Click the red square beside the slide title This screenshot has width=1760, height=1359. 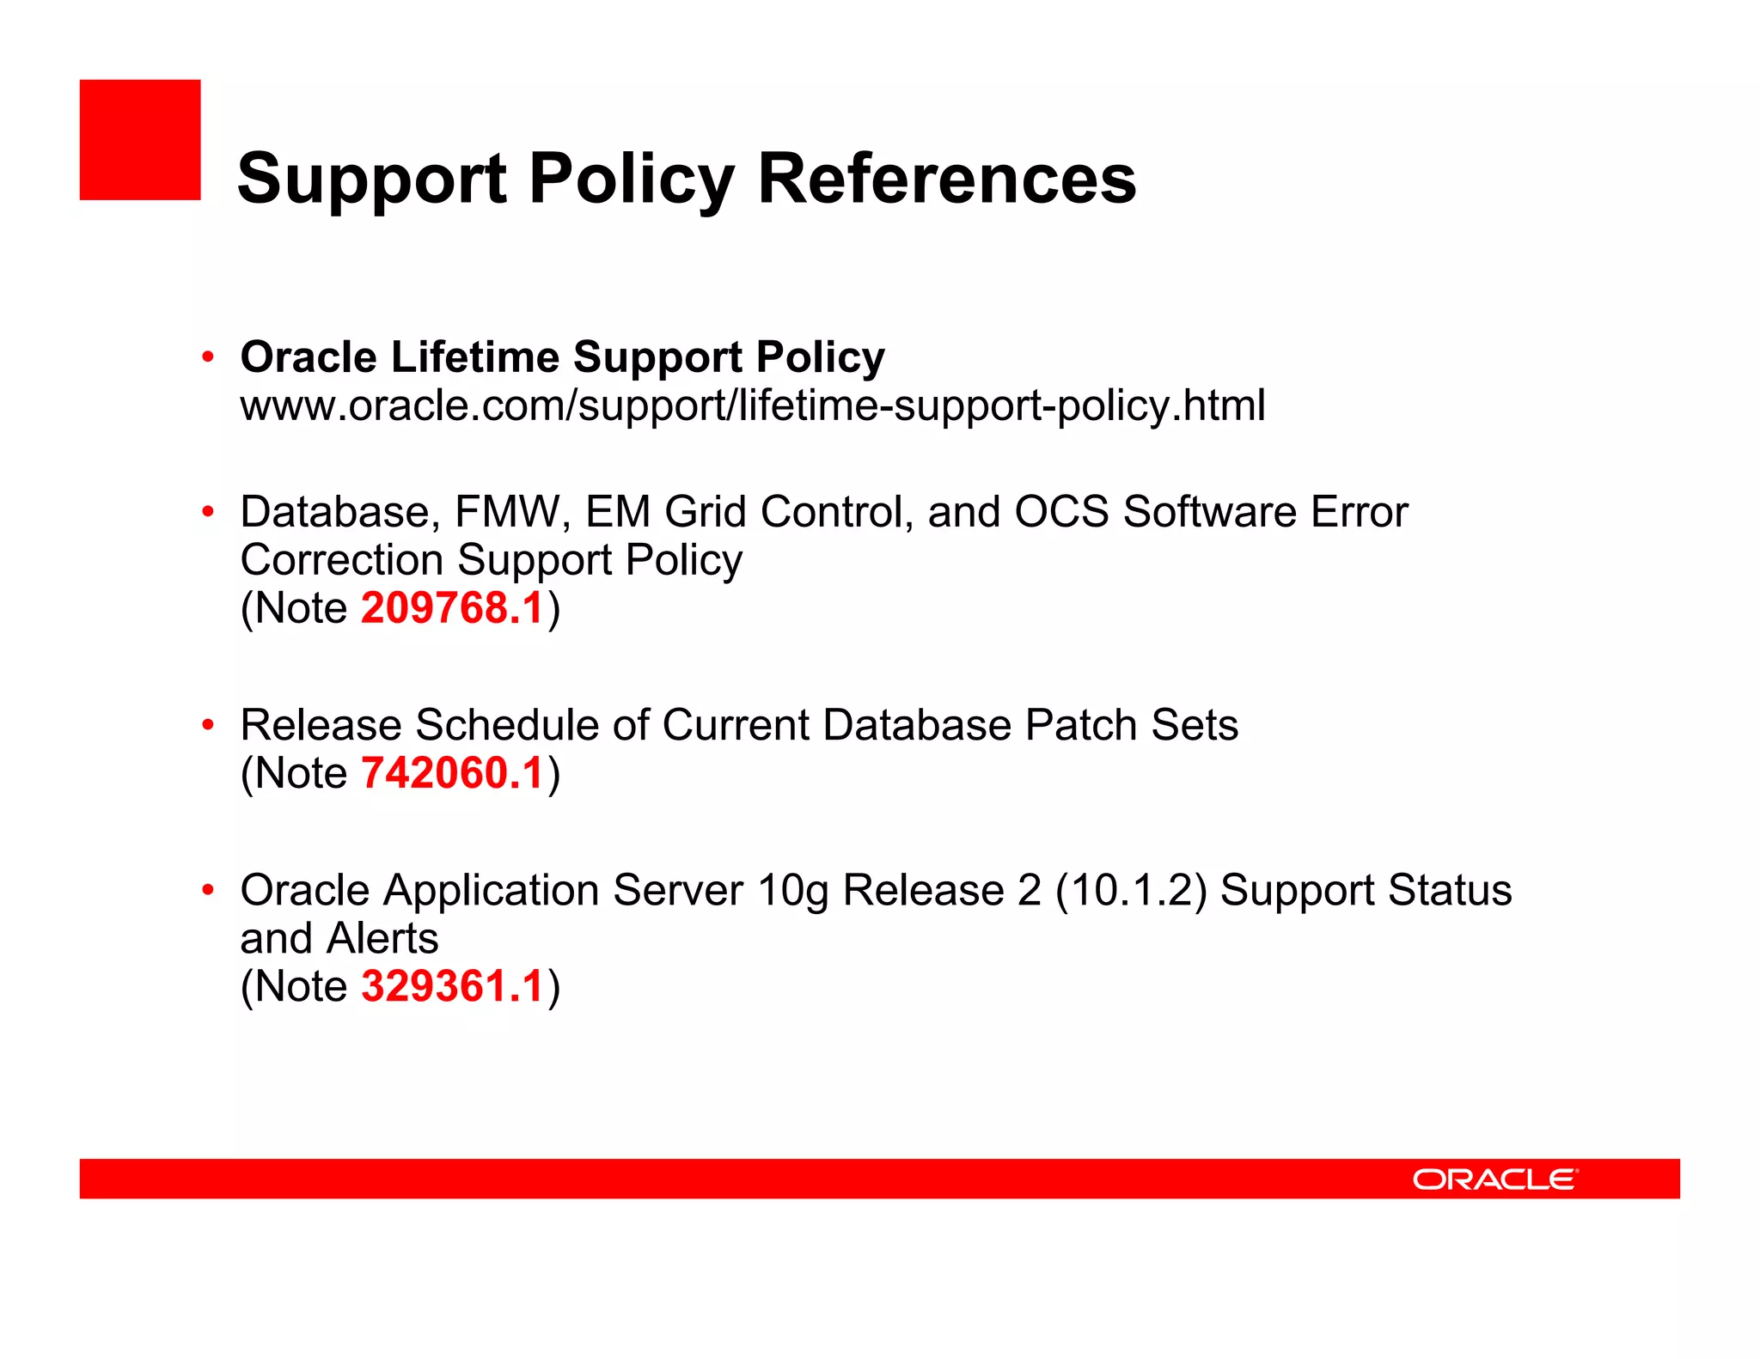[x=140, y=140]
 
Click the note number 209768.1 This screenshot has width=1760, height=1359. [x=452, y=608]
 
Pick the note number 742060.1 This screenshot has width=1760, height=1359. [x=452, y=773]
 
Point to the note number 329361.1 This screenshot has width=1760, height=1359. [x=452, y=986]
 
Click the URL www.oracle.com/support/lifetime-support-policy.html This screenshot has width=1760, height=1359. [x=753, y=405]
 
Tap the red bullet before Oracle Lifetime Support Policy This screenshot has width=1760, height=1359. [x=207, y=357]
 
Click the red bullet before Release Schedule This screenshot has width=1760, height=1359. [x=207, y=725]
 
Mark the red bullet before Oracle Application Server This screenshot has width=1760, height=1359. [x=207, y=890]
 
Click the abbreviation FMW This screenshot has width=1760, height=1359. [x=507, y=512]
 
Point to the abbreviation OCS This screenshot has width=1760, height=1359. [x=1061, y=512]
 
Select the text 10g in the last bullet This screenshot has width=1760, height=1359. [x=792, y=892]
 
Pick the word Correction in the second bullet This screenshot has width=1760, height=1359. [x=341, y=560]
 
